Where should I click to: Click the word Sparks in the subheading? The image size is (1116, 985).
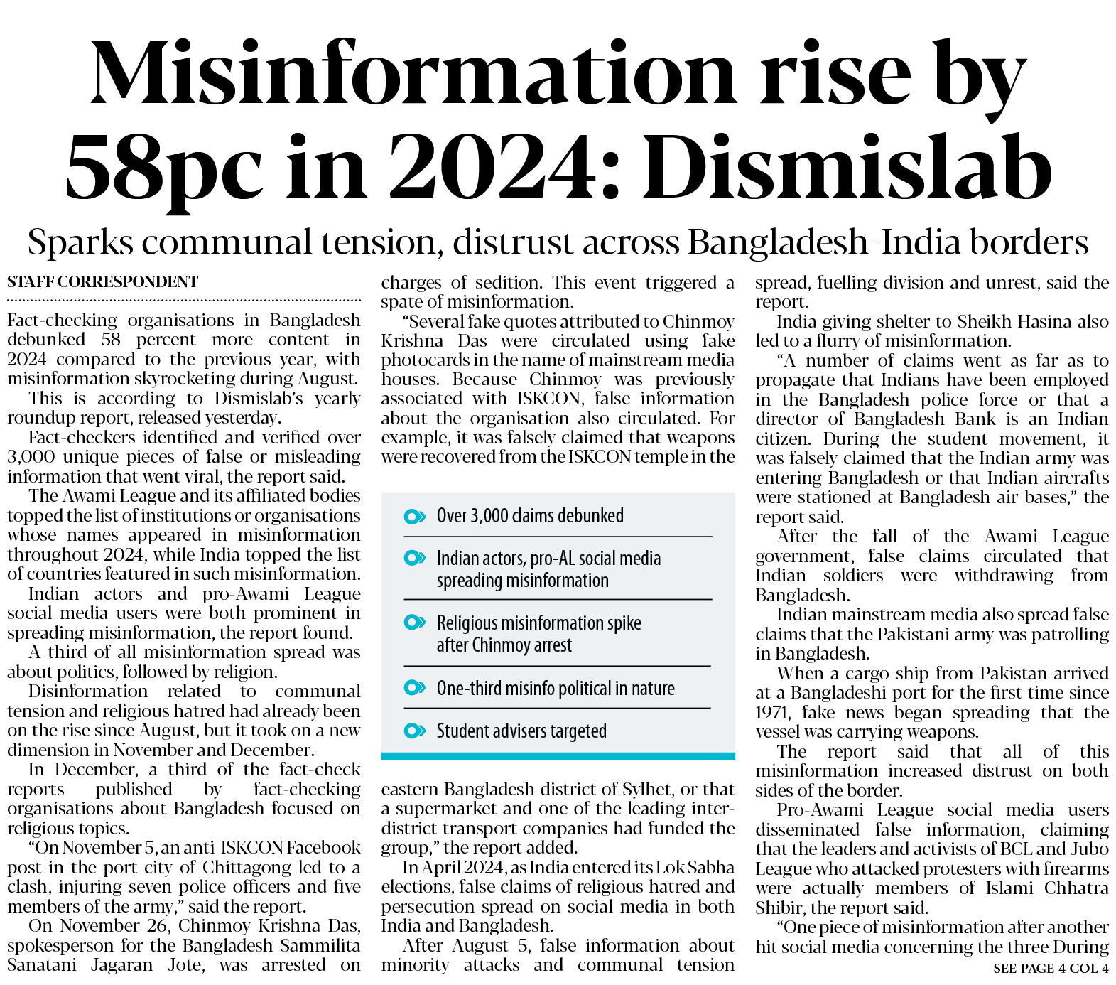(x=80, y=242)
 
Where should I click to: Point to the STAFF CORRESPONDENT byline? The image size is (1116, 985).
(x=102, y=282)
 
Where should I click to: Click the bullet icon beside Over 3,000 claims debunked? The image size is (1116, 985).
(x=414, y=516)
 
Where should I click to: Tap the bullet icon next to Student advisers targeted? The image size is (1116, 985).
(x=414, y=731)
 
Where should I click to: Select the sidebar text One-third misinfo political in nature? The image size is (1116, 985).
(x=555, y=688)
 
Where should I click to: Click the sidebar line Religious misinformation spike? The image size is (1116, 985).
(x=538, y=623)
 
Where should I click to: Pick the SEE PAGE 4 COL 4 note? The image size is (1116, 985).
(x=1051, y=968)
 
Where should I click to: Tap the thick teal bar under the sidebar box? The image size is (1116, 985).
(x=558, y=756)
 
